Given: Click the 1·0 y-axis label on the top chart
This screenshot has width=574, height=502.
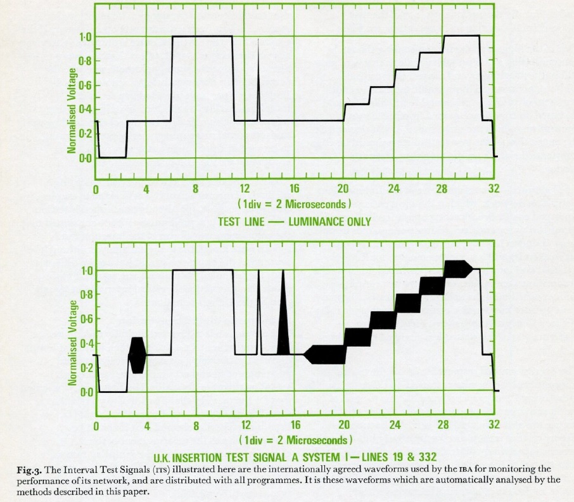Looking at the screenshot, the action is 86,37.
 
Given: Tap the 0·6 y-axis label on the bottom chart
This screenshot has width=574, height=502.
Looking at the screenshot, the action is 86,319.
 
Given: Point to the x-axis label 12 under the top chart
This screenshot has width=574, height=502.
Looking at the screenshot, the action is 245,189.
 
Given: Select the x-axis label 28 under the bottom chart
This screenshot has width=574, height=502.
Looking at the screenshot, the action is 443,425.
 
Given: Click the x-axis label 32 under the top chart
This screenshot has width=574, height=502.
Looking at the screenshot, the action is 494,189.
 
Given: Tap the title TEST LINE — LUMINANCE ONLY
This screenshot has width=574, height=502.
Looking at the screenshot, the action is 295,221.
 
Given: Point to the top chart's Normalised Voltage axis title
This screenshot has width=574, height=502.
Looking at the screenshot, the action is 72,110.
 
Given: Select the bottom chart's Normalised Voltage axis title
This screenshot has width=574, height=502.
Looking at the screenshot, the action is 73,343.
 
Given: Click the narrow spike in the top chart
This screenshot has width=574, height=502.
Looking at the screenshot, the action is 258,80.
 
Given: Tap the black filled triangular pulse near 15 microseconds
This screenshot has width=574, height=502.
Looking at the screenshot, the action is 283,312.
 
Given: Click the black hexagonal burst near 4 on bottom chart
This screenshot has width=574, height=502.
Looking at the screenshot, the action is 137,355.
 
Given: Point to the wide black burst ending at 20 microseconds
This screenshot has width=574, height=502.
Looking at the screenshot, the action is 326,354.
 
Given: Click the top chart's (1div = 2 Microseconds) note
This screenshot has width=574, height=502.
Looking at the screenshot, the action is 295,203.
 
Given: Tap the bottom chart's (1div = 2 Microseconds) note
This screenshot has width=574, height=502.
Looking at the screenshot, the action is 296,440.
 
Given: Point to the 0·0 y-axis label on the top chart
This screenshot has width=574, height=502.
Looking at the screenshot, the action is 86,158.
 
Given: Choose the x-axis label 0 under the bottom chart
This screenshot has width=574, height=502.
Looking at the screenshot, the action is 96,426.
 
